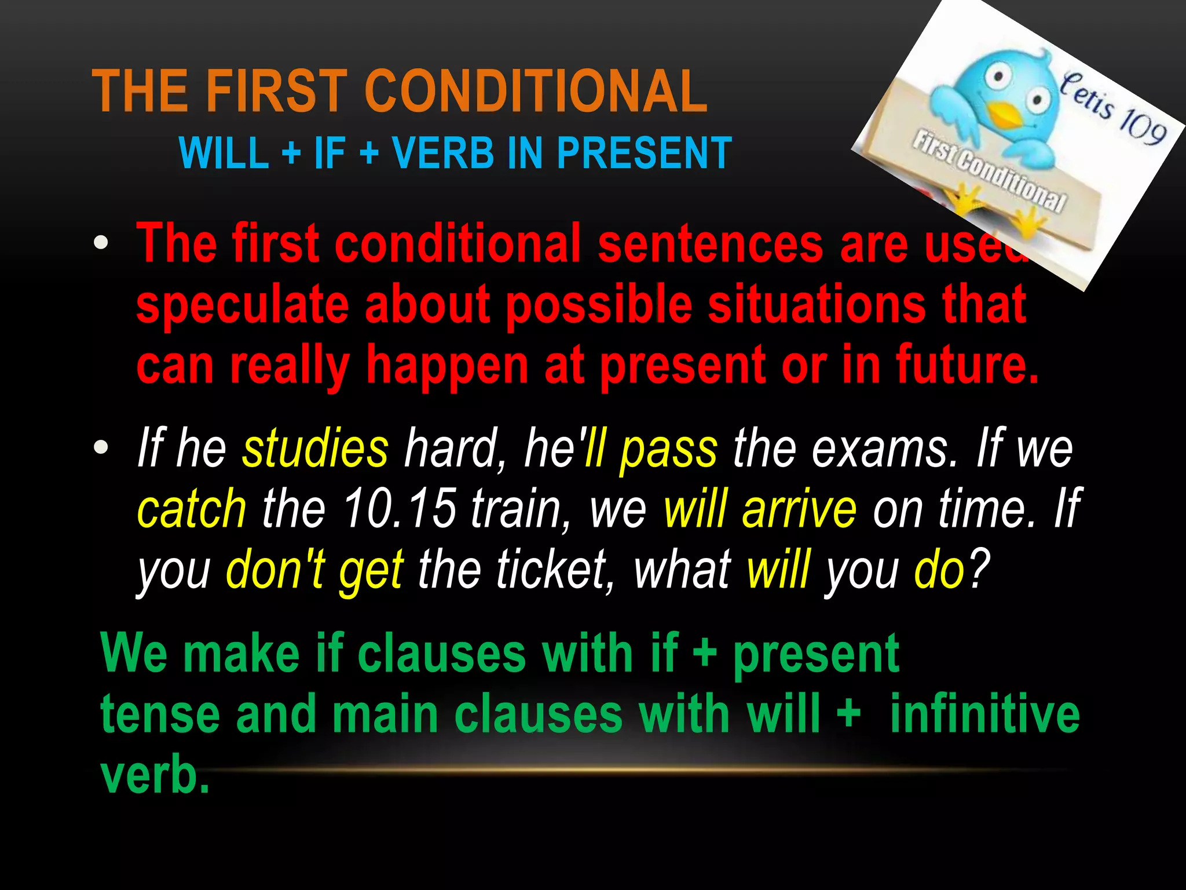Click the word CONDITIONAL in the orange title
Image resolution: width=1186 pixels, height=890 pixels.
[536, 92]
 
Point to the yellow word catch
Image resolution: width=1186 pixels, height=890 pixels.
[192, 509]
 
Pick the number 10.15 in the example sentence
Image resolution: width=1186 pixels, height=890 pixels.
[399, 509]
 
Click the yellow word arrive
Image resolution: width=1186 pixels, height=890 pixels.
[799, 509]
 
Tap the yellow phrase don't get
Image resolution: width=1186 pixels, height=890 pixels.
[314, 570]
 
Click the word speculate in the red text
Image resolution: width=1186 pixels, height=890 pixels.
[242, 305]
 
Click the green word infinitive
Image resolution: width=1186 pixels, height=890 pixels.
[984, 714]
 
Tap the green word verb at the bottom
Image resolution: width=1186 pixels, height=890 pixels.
[154, 775]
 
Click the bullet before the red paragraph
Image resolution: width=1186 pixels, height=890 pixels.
[101, 243]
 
